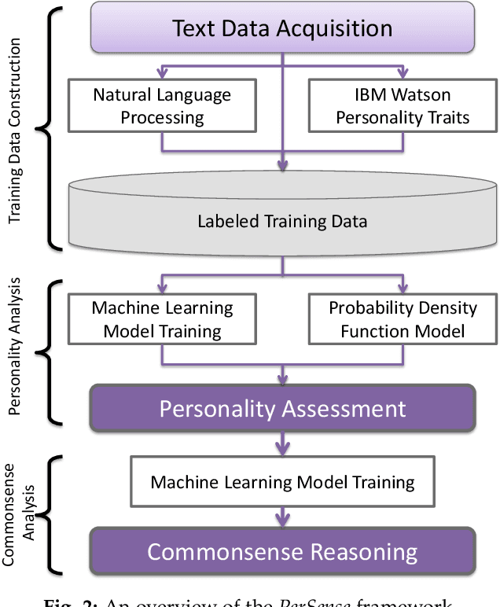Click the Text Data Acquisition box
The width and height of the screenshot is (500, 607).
[282, 29]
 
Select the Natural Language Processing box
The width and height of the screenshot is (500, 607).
[162, 106]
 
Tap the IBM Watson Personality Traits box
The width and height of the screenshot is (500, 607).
[402, 106]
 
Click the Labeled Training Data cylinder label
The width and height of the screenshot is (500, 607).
[282, 222]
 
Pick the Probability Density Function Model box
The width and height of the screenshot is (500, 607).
[403, 319]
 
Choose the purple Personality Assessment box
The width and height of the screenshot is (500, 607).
[282, 409]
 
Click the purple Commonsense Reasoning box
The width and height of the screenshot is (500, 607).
[282, 551]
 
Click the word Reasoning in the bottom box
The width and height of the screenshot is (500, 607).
[356, 551]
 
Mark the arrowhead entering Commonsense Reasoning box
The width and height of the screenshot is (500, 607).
[282, 524]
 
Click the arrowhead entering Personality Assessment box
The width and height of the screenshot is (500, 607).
[282, 381]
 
